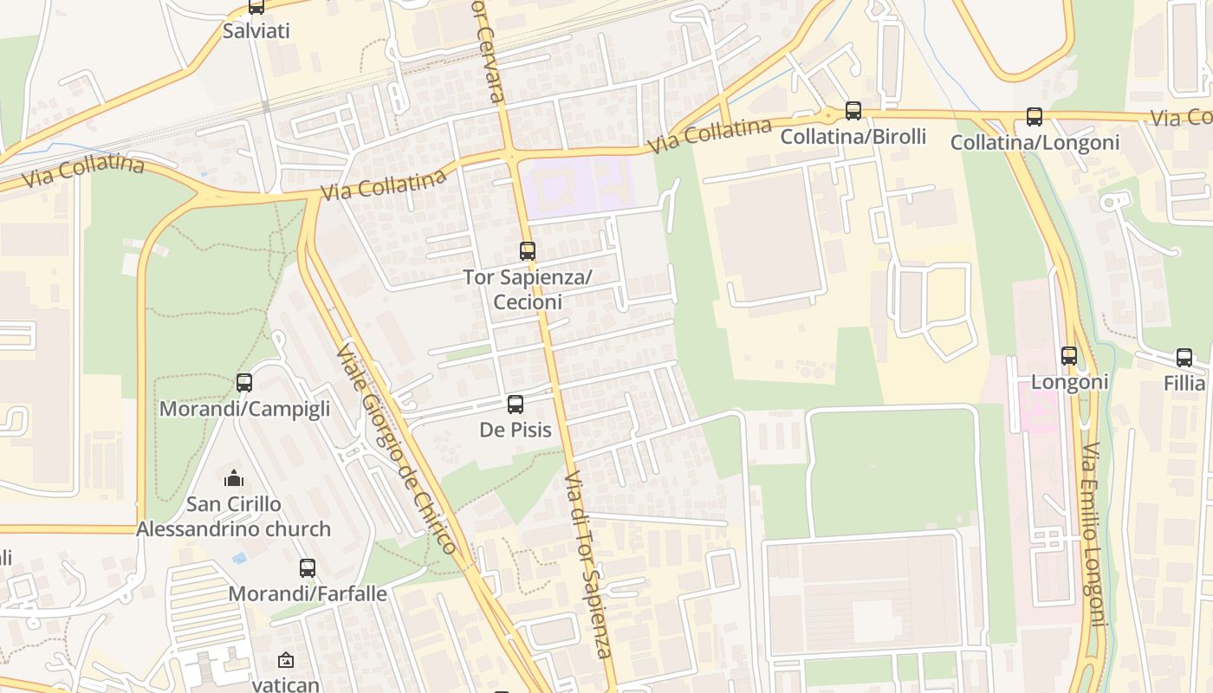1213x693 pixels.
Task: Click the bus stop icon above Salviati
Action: (x=256, y=7)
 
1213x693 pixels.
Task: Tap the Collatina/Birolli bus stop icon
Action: (x=853, y=111)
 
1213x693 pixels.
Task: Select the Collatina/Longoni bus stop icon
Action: (x=1034, y=117)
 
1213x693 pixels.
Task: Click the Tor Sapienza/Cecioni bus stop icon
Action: (x=528, y=251)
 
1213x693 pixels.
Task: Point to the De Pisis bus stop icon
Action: (x=516, y=405)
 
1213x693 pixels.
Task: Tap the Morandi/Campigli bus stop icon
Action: (x=244, y=383)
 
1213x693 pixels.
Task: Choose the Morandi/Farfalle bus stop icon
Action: (x=308, y=568)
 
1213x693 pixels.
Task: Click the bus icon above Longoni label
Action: (x=1069, y=356)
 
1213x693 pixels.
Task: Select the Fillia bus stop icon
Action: (x=1184, y=358)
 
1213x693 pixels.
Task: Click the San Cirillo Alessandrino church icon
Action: (x=233, y=478)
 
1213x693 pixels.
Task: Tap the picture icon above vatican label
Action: (x=286, y=660)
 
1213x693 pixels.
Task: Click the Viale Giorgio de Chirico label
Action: (x=396, y=449)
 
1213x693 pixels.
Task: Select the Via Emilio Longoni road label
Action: (x=1095, y=534)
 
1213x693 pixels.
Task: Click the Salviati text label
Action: (x=256, y=31)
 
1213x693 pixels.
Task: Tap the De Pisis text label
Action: (x=516, y=430)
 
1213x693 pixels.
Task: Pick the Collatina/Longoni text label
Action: (x=1035, y=142)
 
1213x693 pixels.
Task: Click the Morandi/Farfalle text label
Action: (x=308, y=593)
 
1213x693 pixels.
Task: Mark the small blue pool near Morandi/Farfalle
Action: (x=239, y=558)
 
